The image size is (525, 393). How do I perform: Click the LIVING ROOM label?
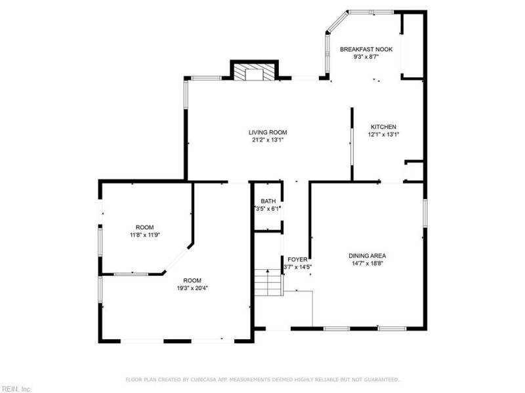[268, 132]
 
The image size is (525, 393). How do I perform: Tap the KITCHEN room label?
[383, 127]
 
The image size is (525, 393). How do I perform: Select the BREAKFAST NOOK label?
[366, 50]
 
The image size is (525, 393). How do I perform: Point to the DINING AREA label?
[367, 256]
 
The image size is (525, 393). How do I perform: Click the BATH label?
[268, 201]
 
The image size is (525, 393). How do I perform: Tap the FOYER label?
[297, 259]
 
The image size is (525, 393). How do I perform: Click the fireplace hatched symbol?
[254, 72]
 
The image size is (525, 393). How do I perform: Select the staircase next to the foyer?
[268, 282]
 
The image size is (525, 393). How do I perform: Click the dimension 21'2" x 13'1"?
[268, 140]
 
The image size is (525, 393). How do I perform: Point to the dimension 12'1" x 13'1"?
[384, 135]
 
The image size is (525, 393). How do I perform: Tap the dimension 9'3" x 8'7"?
[366, 57]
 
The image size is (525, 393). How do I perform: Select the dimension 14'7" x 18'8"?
[367, 263]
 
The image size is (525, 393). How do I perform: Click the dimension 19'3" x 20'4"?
[192, 288]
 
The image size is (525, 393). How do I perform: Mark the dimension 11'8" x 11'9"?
[144, 235]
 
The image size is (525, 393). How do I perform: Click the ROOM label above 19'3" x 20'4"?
[192, 281]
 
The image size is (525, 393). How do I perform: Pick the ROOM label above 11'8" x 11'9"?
[144, 227]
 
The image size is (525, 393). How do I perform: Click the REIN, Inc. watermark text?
[16, 389]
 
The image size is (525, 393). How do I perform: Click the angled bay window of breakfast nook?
[339, 22]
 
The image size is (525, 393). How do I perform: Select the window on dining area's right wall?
[425, 213]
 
